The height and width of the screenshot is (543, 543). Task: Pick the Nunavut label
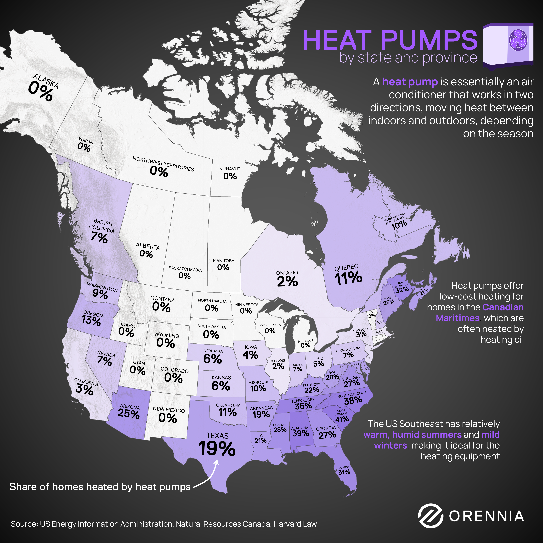[230, 169]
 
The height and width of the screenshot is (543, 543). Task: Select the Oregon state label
[93, 314]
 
